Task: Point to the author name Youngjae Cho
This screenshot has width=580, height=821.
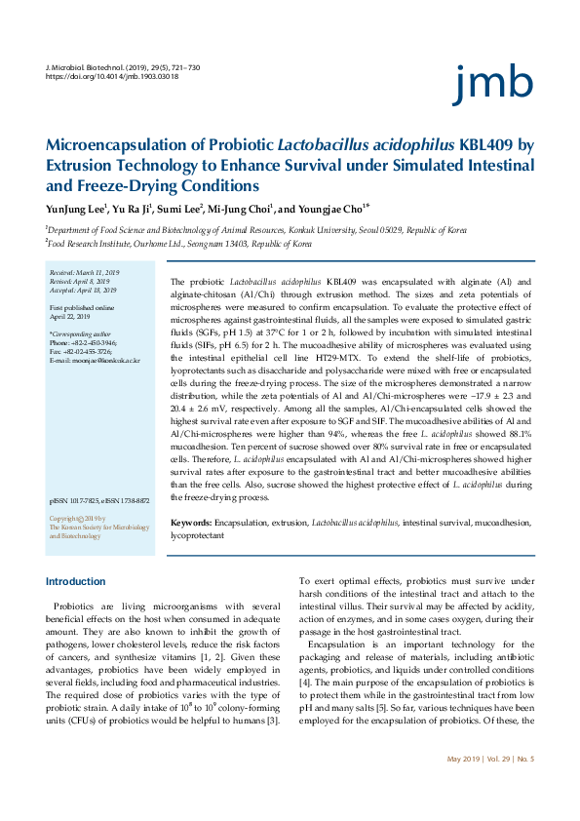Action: [x=332, y=208]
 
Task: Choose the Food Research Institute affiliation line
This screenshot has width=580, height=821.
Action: [x=166, y=244]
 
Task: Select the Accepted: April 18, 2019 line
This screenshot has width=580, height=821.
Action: [x=83, y=290]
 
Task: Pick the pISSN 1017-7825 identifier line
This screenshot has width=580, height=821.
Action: [x=98, y=500]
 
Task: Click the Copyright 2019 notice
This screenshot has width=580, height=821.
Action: [x=77, y=519]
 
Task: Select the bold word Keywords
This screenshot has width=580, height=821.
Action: [x=191, y=524]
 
